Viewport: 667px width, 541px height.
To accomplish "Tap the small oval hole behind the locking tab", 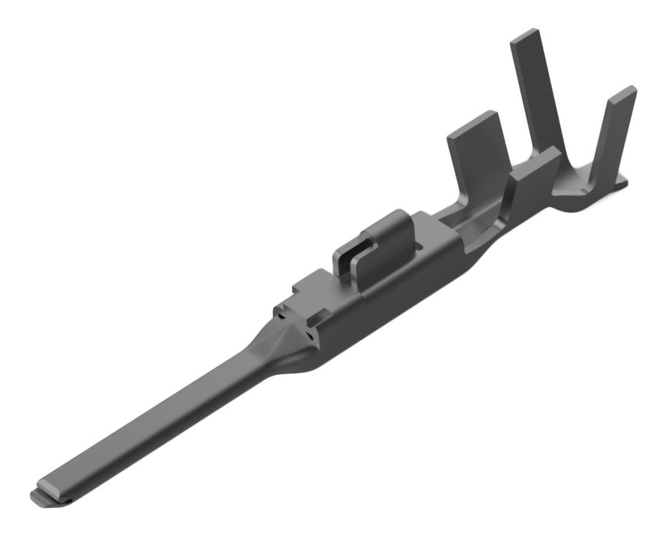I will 419,228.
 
